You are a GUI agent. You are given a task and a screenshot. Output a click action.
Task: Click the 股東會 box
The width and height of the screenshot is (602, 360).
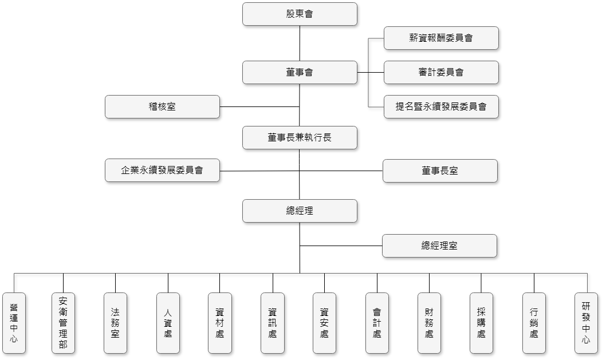click(300, 14)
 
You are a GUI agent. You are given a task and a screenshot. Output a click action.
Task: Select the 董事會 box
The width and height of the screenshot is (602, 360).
click(300, 72)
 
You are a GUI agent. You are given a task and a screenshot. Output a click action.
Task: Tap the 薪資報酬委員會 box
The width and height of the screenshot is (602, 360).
click(441, 38)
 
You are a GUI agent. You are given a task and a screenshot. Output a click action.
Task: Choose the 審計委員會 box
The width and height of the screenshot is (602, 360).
click(441, 72)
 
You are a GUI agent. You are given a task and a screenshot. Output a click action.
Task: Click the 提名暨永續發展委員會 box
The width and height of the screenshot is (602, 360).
click(441, 106)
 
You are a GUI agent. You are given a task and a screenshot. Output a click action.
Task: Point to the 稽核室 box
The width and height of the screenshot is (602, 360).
click(163, 106)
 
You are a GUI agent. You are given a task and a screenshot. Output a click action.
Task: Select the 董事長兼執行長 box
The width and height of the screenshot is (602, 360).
click(300, 137)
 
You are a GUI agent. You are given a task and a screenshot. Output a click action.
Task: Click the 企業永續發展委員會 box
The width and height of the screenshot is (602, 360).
click(163, 171)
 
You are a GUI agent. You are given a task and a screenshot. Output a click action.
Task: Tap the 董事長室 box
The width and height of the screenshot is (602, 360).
click(440, 171)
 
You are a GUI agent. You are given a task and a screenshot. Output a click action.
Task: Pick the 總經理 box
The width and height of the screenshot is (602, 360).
click(300, 211)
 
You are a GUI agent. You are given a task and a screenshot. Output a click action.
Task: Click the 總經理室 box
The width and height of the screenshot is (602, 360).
click(439, 246)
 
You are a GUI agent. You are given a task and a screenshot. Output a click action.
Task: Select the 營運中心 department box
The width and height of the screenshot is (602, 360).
click(14, 323)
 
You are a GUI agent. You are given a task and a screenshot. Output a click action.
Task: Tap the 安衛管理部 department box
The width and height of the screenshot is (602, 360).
click(64, 323)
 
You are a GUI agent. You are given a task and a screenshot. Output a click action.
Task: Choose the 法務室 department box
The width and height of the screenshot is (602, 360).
click(115, 323)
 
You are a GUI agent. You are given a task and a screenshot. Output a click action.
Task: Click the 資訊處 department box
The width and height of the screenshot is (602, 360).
click(273, 323)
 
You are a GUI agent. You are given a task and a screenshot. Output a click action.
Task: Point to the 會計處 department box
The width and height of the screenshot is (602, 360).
click(377, 323)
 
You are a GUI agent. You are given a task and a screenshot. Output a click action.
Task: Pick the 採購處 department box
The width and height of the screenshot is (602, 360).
click(482, 323)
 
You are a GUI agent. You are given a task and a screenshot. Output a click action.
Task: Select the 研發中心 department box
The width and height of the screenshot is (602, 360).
click(587, 323)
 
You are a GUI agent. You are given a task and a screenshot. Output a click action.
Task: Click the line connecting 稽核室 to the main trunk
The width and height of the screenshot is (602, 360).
click(259, 106)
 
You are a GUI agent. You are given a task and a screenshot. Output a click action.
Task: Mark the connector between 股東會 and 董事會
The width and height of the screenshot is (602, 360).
click(300, 43)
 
